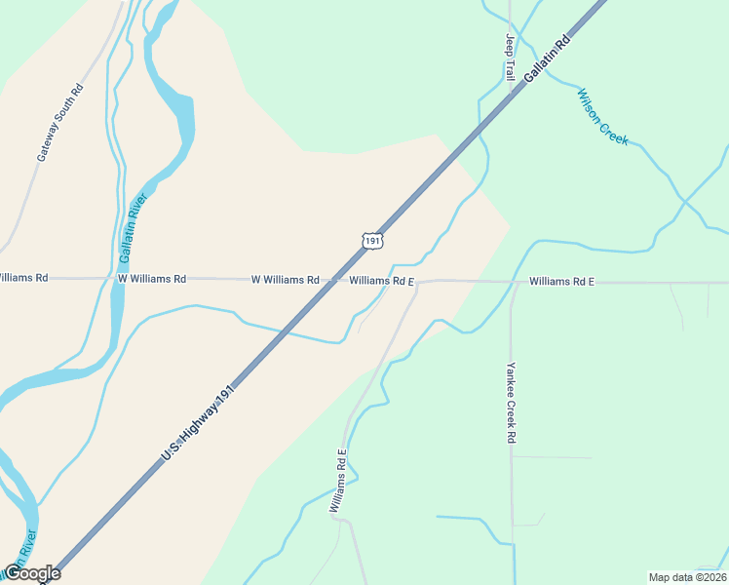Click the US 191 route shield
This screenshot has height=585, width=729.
(371, 239)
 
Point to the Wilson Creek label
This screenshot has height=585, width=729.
(603, 117)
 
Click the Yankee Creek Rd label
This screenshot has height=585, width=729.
(510, 403)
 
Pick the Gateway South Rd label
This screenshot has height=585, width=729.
(60, 122)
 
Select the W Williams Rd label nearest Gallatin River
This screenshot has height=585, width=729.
(151, 279)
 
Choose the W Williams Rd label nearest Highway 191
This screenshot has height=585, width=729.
(285, 280)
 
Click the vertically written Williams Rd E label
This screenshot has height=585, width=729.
(338, 481)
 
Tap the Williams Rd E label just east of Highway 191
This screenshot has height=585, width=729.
(382, 281)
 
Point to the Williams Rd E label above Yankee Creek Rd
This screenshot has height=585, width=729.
(561, 282)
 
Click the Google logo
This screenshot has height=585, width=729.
(31, 573)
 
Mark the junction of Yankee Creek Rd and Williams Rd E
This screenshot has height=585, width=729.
(511, 283)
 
